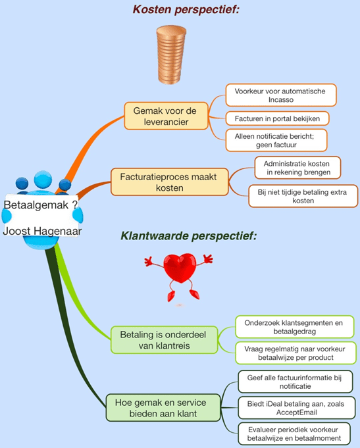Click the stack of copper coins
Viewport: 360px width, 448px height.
[171, 55]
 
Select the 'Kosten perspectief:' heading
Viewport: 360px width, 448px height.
[186, 9]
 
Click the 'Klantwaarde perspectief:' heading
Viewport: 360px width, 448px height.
[189, 236]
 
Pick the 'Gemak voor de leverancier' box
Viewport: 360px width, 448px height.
[166, 116]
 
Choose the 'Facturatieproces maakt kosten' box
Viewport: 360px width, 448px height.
[170, 182]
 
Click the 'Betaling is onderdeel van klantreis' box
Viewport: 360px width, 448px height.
[164, 340]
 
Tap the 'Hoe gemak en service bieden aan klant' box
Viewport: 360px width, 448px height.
[163, 408]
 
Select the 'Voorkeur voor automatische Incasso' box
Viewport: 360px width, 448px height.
[281, 95]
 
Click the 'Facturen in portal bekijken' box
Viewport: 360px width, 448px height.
[277, 118]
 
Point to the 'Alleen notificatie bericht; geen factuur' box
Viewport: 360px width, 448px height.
[276, 140]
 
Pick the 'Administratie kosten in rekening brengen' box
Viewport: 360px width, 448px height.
[297, 168]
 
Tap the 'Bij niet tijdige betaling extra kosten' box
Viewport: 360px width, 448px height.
[303, 196]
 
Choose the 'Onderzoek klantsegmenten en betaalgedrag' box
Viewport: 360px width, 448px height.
[295, 327]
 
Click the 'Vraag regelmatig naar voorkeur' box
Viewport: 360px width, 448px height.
[296, 353]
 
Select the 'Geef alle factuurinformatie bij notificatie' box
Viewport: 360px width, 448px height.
[296, 382]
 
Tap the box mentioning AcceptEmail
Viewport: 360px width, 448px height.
[297, 408]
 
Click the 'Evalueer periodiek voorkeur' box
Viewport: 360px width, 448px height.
[294, 434]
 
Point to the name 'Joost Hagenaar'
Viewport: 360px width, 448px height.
[42, 231]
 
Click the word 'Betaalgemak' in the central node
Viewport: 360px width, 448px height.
[36, 205]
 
